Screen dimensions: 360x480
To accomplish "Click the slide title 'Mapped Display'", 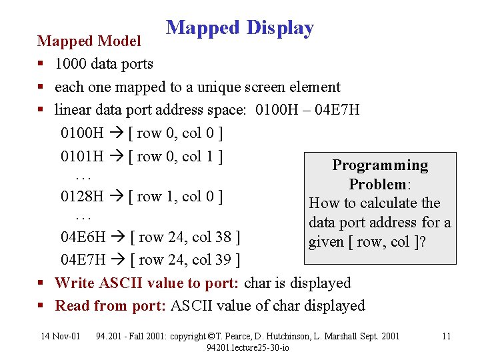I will [239, 28].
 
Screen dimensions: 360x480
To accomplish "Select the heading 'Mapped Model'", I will [89, 41].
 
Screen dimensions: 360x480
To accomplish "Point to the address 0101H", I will [81, 157].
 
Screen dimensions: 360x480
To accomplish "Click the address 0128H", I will [81, 197].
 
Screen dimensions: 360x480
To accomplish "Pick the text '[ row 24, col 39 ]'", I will [185, 259].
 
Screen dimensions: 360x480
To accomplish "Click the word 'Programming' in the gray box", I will [380, 165].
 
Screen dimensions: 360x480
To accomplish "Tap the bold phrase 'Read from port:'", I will [111, 306].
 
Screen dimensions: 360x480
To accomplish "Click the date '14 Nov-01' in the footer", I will [60, 336].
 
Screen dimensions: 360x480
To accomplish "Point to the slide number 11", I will [447, 336].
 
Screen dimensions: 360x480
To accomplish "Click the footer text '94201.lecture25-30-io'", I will [247, 347].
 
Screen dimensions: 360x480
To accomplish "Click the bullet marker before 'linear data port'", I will [41, 110].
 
